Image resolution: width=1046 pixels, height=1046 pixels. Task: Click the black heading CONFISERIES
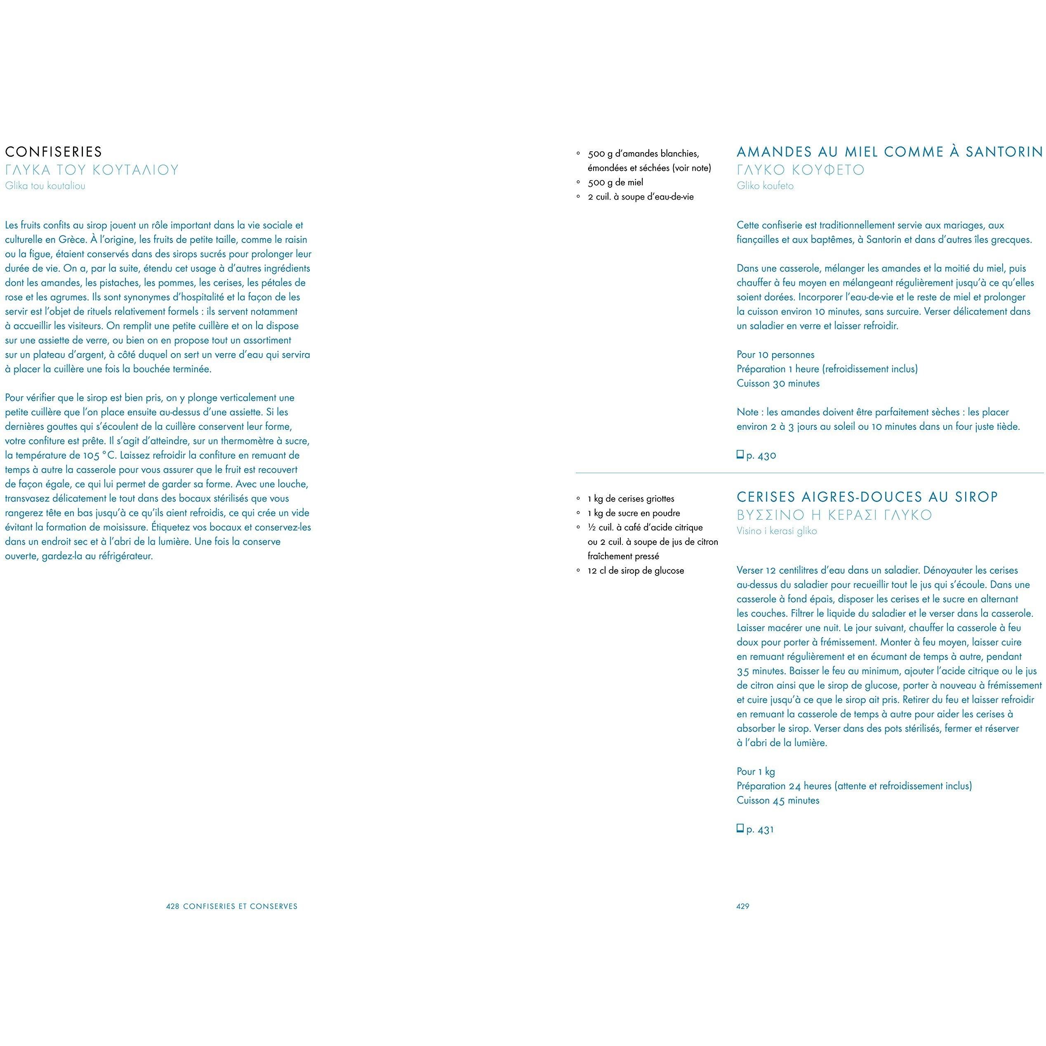(53, 152)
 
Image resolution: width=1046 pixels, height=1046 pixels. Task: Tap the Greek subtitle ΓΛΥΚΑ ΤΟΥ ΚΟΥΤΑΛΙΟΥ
(92, 170)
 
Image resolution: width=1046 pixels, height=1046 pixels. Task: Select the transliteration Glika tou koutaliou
(45, 186)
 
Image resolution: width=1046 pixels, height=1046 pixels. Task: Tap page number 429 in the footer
(742, 906)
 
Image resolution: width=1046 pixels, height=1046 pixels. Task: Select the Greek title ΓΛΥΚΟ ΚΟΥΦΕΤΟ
(801, 170)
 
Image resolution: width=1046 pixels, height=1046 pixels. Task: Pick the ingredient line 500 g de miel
(615, 182)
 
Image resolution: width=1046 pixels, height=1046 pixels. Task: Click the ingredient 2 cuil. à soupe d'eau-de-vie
(641, 197)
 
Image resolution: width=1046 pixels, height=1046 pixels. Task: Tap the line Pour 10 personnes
(775, 355)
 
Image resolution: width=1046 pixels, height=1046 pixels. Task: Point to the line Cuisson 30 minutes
(778, 383)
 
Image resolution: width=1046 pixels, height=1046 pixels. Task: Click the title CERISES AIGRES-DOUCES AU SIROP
(867, 497)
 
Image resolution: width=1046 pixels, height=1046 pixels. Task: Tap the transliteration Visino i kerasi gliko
(776, 531)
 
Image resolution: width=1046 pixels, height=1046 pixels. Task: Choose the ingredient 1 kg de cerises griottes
(631, 499)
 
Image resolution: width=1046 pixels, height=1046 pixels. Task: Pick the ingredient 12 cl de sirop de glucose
(636, 571)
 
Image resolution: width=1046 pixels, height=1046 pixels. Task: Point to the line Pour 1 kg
(755, 771)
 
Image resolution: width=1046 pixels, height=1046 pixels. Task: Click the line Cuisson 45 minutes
(778, 800)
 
